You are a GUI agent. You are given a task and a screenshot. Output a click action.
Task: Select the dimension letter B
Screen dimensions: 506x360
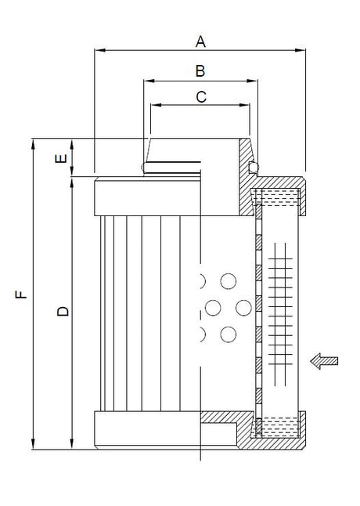coord(200,71)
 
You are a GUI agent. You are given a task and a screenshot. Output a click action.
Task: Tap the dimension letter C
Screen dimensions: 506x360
coord(200,97)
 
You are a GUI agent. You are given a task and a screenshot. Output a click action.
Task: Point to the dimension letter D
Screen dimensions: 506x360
coord(63,311)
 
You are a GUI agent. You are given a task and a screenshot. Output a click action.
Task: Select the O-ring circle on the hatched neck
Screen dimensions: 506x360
coord(251,167)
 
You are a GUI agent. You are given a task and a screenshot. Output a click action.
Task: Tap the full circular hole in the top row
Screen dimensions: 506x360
coord(228,280)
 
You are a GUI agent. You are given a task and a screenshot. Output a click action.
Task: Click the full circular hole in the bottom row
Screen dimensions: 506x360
coord(228,334)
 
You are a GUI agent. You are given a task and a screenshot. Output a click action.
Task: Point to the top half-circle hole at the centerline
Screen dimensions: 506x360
coord(203,280)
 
